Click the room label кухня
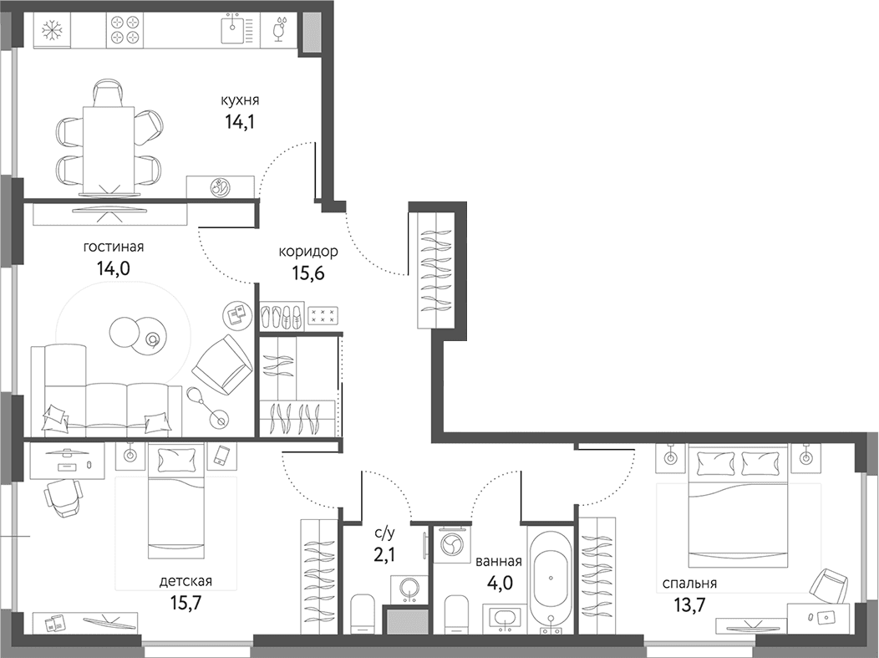tap(239, 101)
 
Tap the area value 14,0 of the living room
tap(114, 268)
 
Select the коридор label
tap(308, 252)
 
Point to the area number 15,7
tap(185, 603)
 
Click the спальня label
tap(689, 584)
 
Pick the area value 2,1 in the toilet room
tap(384, 554)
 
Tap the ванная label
tap(498, 562)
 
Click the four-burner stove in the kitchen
tap(124, 29)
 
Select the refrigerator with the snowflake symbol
tap(52, 30)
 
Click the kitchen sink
tap(236, 29)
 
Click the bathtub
tap(551, 579)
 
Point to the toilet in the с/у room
tap(363, 614)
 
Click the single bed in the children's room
tap(175, 500)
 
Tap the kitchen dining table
tap(109, 150)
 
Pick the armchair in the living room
tap(222, 365)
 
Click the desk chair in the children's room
tap(63, 497)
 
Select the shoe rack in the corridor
tap(282, 316)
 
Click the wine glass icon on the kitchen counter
tap(280, 29)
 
